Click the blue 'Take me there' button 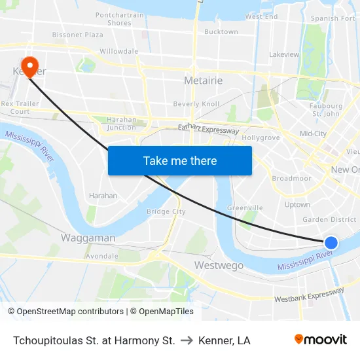pos(180,160)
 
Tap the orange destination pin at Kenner pos(30,66)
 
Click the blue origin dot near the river pos(331,243)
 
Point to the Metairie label pos(204,81)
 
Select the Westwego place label pos(219,265)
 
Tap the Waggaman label pos(88,238)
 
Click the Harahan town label pos(103,196)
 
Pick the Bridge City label pos(166,211)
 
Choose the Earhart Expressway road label pos(208,130)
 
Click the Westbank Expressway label pos(309,295)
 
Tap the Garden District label pos(329,220)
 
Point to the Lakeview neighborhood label pos(284,55)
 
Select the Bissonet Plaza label pos(78,34)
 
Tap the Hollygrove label pos(261,138)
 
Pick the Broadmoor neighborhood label pos(291,178)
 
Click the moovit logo pos(321,339)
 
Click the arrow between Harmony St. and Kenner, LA pos(187,340)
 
